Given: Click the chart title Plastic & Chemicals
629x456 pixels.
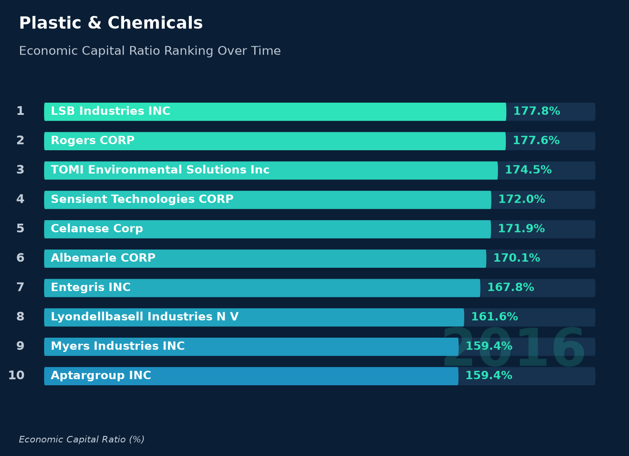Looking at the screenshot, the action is pyautogui.click(x=111, y=23).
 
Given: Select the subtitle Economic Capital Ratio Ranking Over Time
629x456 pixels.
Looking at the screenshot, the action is pyautogui.click(x=150, y=51).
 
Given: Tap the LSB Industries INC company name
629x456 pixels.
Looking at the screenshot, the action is pyautogui.click(x=111, y=111).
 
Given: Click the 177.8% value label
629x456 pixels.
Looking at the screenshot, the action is pyautogui.click(x=536, y=111).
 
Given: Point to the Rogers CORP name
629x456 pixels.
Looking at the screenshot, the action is pyautogui.click(x=93, y=140).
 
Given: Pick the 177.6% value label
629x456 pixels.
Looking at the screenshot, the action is pyautogui.click(x=536, y=140).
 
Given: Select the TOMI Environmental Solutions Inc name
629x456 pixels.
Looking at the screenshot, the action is pyautogui.click(x=160, y=169).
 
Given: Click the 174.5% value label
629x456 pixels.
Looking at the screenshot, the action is pyautogui.click(x=528, y=169).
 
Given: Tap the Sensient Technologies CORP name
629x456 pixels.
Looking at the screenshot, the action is pyautogui.click(x=142, y=199).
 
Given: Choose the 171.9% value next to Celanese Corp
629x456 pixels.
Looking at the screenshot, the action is pyautogui.click(x=521, y=228).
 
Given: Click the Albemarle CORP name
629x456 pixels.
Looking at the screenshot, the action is pyautogui.click(x=103, y=258).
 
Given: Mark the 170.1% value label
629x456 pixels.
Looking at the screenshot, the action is pyautogui.click(x=516, y=258).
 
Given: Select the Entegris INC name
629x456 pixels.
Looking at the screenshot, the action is pyautogui.click(x=90, y=287).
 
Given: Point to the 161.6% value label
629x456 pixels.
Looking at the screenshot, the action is pyautogui.click(x=494, y=317).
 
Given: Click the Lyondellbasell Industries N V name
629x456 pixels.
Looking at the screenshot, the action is pyautogui.click(x=145, y=317).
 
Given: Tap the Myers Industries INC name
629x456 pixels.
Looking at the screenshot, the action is pyautogui.click(x=118, y=346).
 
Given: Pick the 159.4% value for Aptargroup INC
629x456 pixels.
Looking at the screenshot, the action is pyautogui.click(x=489, y=376).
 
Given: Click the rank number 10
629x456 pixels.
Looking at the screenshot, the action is pyautogui.click(x=16, y=376).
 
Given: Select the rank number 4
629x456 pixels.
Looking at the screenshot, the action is pyautogui.click(x=20, y=199).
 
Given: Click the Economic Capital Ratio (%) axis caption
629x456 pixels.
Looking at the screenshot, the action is pyautogui.click(x=81, y=439).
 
